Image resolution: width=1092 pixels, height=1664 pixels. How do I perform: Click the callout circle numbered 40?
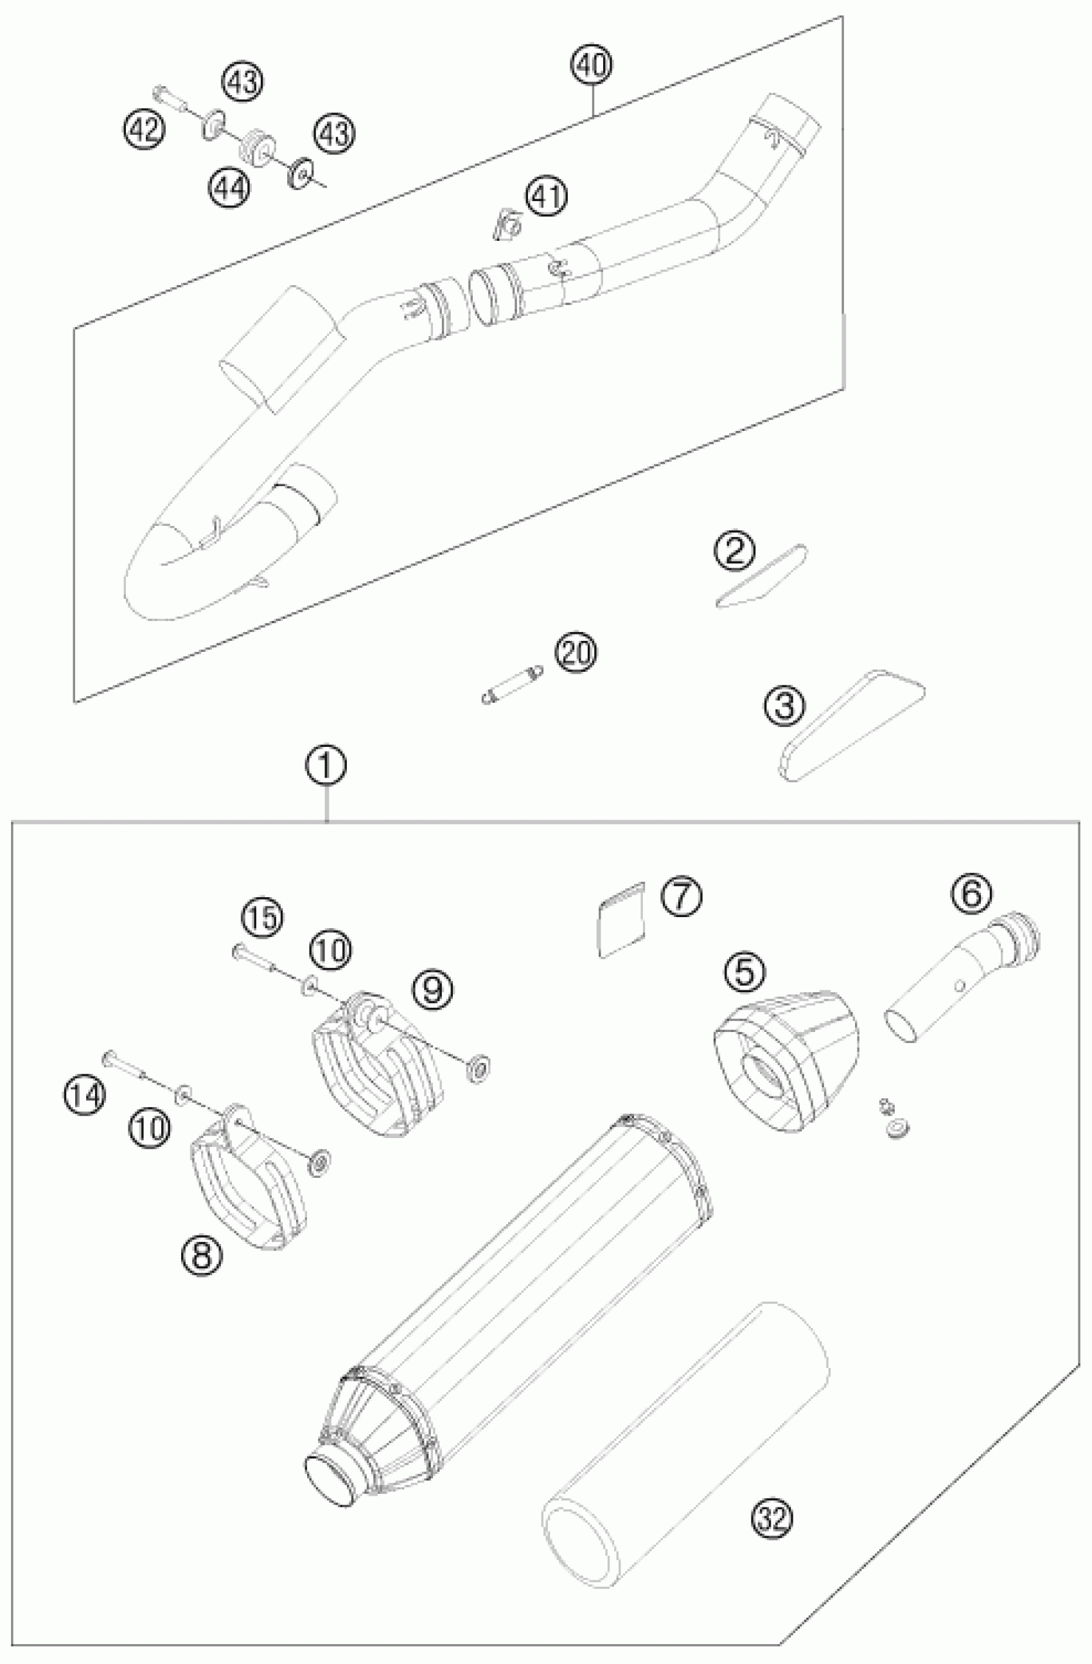tap(592, 66)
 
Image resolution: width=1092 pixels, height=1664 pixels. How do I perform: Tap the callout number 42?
tap(145, 129)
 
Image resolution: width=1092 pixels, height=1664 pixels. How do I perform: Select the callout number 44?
tap(228, 188)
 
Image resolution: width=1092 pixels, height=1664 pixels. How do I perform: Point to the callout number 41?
tap(547, 197)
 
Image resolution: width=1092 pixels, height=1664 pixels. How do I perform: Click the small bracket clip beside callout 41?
tap(506, 226)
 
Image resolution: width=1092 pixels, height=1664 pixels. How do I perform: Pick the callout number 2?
tap(734, 551)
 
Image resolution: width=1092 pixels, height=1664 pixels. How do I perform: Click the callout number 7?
tap(681, 898)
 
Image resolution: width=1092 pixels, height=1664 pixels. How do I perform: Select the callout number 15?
tap(262, 918)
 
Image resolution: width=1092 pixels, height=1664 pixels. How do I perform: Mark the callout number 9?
tap(432, 988)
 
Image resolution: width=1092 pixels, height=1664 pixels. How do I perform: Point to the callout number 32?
tap(772, 1516)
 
